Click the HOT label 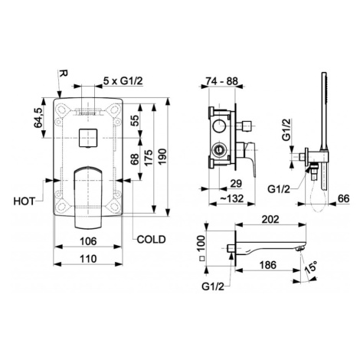point(24,201)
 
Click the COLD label point(152,239)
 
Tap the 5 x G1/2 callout point(123,81)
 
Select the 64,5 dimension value point(38,117)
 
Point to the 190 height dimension point(162,156)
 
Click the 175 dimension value point(149,158)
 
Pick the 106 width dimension point(88,241)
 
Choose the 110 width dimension point(88,259)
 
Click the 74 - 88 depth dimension point(222,81)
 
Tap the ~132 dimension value point(232,198)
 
